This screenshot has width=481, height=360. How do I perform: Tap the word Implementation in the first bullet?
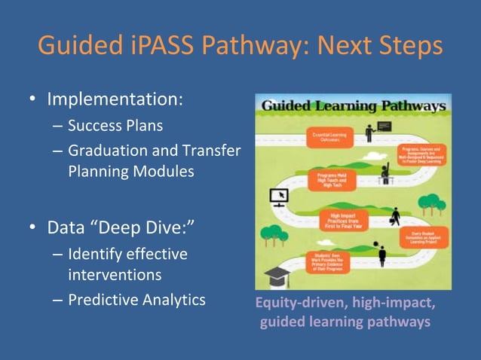pos(115,99)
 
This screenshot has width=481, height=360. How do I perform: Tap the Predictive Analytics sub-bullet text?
pos(136,300)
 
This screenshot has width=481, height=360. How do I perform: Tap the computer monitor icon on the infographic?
pos(279,198)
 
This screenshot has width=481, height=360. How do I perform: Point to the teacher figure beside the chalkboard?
pos(370,134)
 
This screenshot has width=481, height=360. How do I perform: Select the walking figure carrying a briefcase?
pos(395,217)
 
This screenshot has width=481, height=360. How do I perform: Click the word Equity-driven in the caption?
pos(290,304)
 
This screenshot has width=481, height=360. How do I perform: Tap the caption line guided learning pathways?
pos(345,322)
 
